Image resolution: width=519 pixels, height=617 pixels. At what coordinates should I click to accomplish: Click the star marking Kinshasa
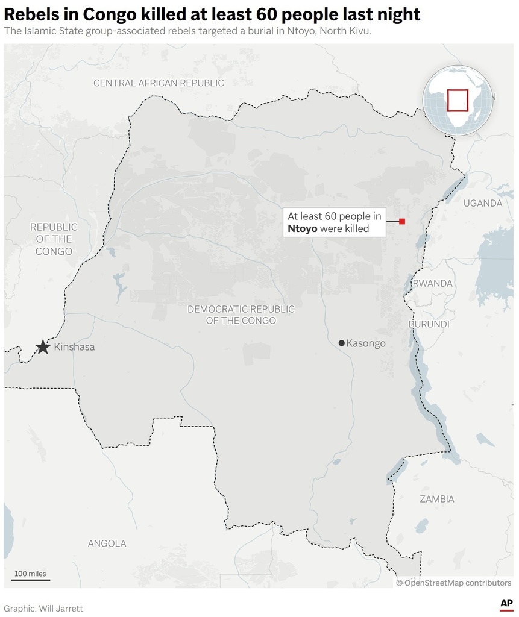(42, 347)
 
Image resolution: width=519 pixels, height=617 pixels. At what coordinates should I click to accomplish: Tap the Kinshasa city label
(74, 347)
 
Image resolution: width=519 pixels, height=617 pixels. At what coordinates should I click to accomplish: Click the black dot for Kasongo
(342, 343)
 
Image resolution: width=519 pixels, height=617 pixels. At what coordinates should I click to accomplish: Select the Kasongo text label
(366, 343)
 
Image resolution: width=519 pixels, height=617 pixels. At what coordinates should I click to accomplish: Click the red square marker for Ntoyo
(402, 222)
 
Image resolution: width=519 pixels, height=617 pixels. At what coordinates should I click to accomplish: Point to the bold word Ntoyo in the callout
(303, 229)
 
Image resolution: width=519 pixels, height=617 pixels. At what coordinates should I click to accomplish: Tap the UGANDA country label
(482, 203)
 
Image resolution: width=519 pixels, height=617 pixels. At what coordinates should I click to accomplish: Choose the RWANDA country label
(432, 283)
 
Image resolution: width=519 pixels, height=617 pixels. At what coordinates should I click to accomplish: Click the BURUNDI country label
(429, 324)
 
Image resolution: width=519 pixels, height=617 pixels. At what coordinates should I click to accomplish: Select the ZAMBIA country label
(437, 499)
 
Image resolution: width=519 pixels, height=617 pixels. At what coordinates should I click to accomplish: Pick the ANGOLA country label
(107, 543)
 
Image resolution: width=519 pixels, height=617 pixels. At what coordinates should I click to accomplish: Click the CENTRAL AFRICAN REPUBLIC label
(159, 83)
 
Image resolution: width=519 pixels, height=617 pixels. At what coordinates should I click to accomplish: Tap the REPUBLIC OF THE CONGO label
(54, 239)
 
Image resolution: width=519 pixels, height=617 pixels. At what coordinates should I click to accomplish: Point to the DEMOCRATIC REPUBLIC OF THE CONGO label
(241, 315)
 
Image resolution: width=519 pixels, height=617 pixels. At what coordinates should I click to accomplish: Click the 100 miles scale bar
(30, 579)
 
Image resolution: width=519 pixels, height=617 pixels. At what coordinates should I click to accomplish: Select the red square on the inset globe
(458, 100)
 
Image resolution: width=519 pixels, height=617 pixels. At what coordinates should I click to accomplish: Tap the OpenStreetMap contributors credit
(454, 583)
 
